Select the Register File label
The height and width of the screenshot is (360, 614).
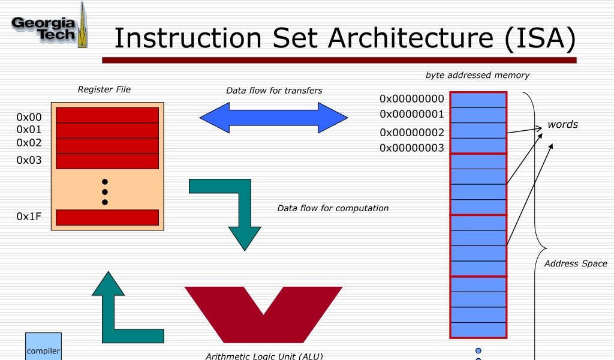point(104,89)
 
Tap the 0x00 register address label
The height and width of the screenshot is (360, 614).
point(29,117)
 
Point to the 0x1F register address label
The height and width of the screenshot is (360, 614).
point(29,217)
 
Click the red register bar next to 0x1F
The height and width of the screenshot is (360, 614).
point(107,217)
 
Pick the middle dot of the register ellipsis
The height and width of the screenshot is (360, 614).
point(104,191)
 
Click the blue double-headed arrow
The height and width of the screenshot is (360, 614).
point(273,118)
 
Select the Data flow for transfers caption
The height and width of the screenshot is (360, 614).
point(274,91)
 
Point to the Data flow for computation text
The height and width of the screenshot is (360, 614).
point(333,208)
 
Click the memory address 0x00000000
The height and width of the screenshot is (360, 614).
point(412,99)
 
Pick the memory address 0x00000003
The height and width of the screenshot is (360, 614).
point(412,148)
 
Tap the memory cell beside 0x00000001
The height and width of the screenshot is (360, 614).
point(478,115)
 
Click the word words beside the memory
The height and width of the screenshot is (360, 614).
point(562,125)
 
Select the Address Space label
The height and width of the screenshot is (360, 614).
point(576,263)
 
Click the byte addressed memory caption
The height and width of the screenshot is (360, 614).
point(477,75)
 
